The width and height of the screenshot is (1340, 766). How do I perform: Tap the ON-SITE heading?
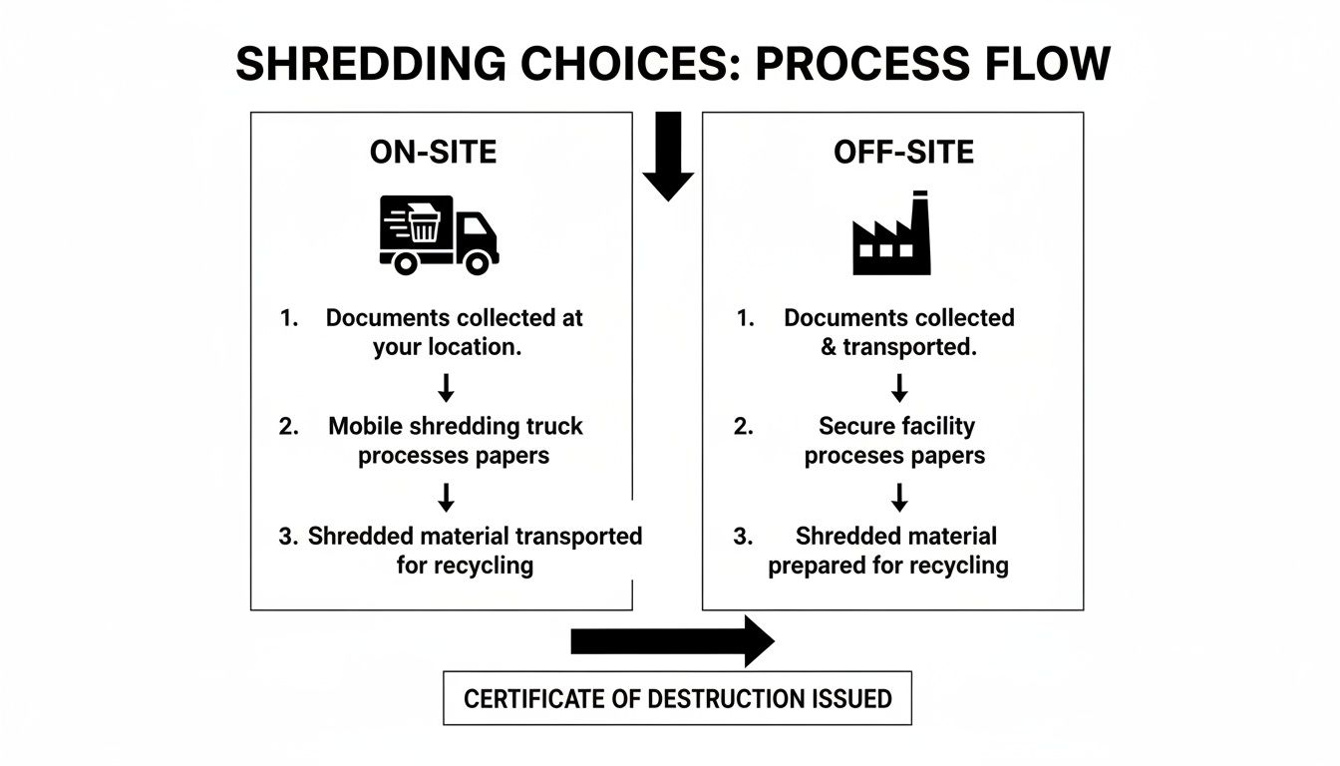(433, 152)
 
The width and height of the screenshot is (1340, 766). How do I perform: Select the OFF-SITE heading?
(903, 152)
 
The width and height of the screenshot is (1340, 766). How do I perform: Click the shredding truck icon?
(438, 234)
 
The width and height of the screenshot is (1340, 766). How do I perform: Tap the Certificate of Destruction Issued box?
(677, 698)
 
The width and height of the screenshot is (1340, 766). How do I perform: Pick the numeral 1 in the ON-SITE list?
(288, 319)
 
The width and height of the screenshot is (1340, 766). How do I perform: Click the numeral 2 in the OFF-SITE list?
(743, 427)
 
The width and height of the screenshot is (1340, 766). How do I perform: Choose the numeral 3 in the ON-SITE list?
(287, 537)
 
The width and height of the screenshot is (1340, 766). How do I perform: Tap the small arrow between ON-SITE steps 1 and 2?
(447, 387)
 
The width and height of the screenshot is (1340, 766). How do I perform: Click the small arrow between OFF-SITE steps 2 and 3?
(899, 497)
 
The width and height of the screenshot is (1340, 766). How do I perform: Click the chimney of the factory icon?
(919, 209)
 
